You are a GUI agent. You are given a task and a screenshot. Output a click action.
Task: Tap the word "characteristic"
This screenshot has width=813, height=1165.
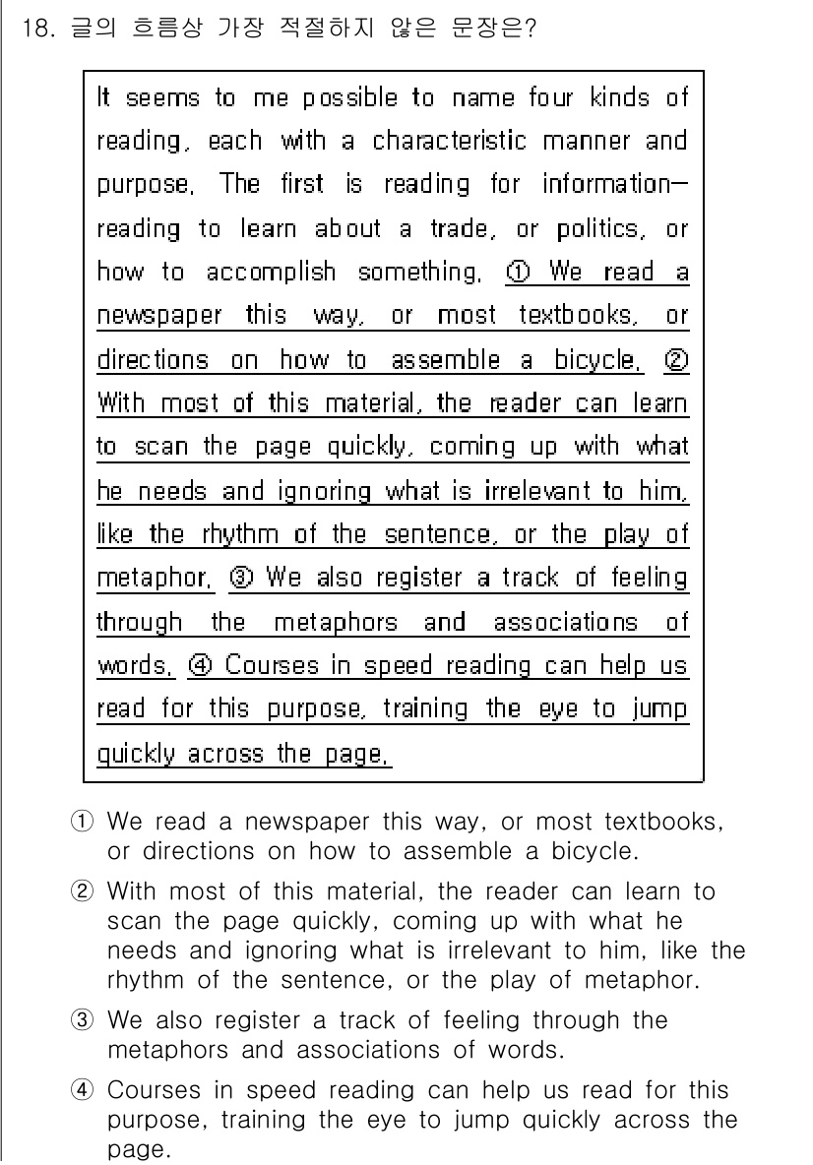[x=449, y=141]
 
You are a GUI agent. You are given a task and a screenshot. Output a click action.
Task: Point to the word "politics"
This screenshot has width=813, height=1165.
[x=597, y=229]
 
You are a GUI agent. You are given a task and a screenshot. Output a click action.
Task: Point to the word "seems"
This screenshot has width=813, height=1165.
[x=161, y=98]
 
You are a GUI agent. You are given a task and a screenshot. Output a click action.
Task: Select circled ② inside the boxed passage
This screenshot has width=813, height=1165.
[x=676, y=359]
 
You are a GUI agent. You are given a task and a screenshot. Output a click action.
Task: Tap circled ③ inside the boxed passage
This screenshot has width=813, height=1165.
[x=241, y=578]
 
